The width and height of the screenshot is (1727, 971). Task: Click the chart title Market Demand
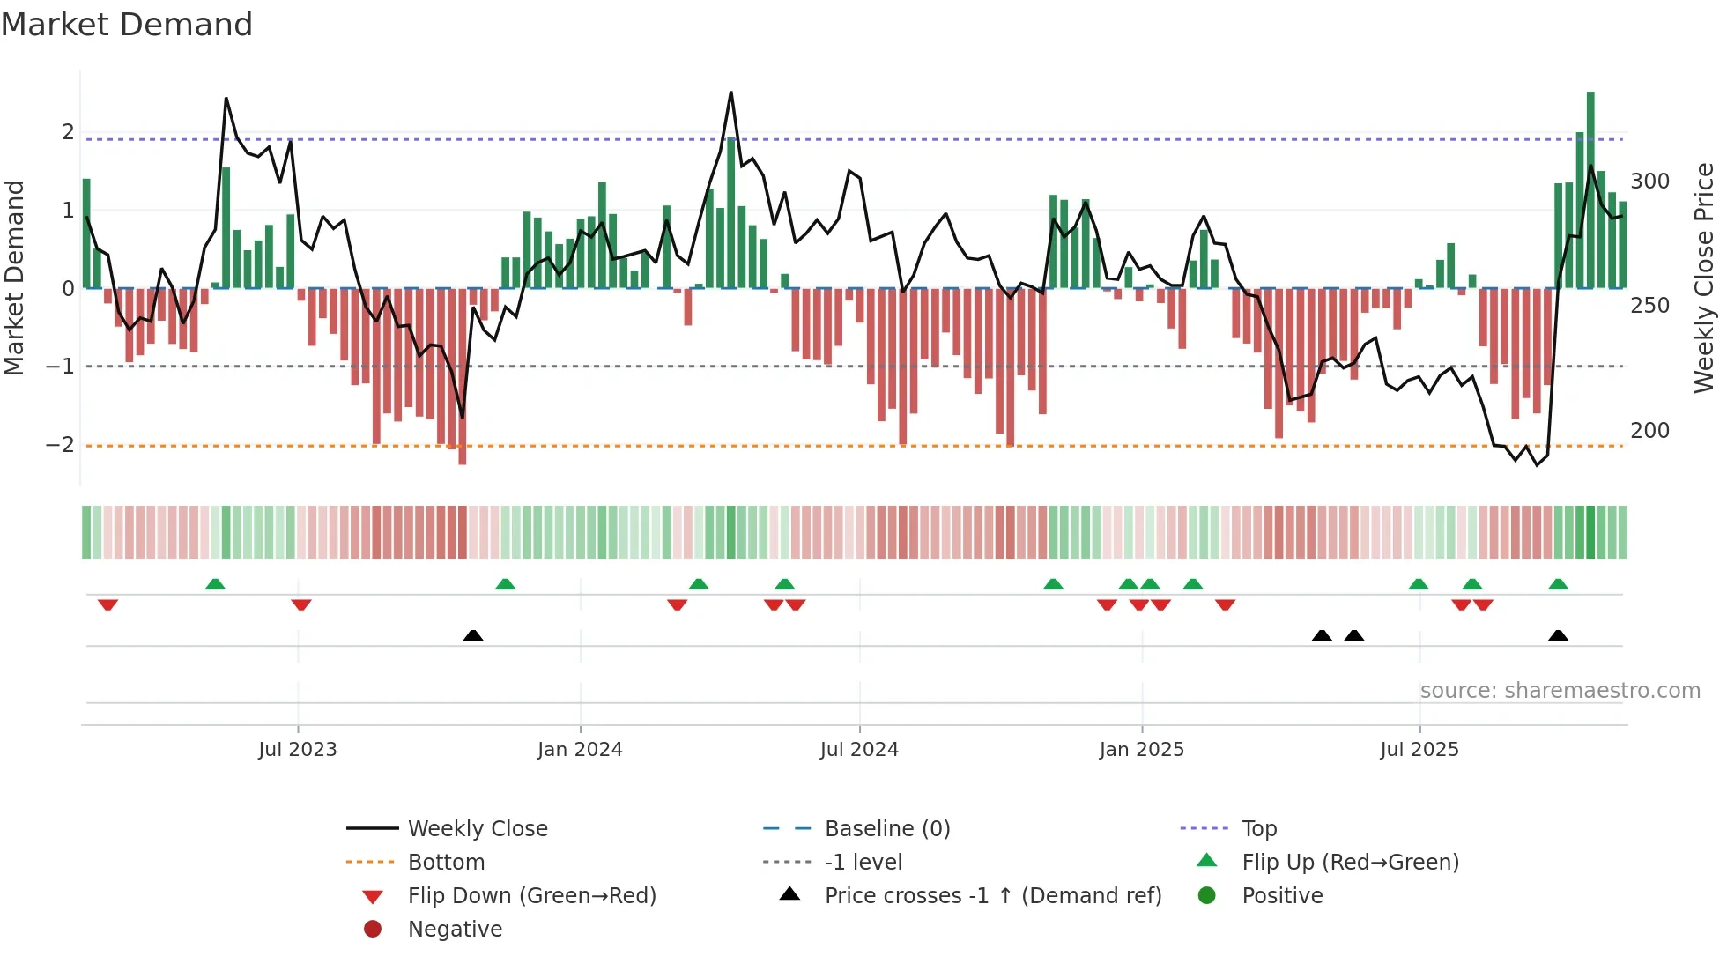pos(127,25)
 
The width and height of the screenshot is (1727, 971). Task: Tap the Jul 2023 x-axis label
pos(297,750)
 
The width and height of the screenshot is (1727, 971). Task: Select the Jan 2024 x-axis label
pos(580,750)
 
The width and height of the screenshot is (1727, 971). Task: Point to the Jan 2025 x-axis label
pos(1141,750)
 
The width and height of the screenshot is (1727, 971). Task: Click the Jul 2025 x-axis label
pos(1419,750)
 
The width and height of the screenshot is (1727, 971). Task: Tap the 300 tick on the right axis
pos(1649,182)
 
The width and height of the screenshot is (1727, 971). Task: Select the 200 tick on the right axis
pos(1649,431)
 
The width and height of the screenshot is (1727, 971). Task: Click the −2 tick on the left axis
pos(60,445)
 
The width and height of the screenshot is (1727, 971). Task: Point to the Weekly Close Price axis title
pos(1704,278)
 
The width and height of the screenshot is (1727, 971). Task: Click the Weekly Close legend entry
pos(477,829)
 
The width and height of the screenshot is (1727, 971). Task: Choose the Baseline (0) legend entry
pos(886,829)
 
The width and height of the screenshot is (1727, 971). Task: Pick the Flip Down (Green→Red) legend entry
pos(531,896)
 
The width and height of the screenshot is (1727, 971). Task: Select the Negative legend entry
pos(455,930)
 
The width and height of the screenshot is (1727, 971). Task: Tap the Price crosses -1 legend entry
pos(992,896)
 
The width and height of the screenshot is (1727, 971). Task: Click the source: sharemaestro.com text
pos(1560,691)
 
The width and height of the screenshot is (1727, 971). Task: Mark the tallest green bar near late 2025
pos(1590,189)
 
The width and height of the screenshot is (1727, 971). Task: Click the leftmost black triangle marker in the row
pos(473,635)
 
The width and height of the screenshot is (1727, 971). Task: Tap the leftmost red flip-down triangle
pos(107,604)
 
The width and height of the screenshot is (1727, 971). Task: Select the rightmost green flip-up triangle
pos(1558,584)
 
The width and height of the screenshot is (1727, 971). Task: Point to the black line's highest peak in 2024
pos(730,93)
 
